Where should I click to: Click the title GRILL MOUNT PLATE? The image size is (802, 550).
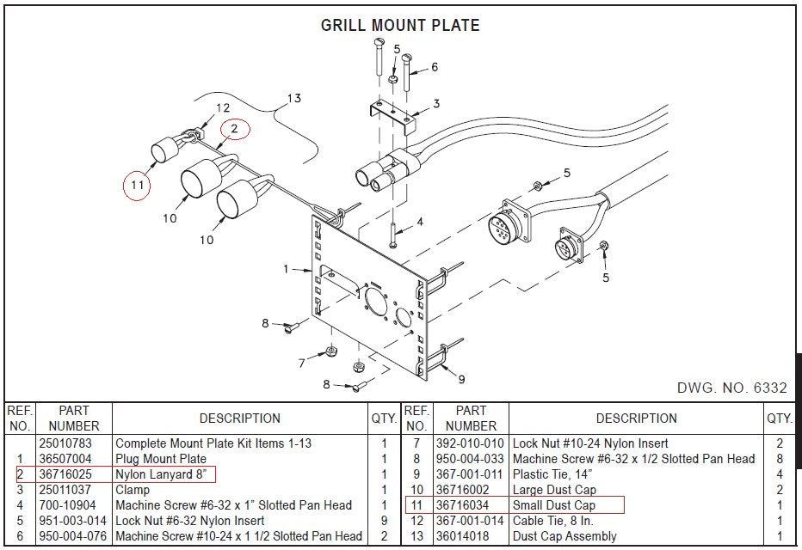(x=400, y=25)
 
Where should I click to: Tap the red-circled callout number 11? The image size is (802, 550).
(x=135, y=184)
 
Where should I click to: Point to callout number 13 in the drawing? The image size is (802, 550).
(x=294, y=98)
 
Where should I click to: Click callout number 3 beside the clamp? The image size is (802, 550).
(x=436, y=104)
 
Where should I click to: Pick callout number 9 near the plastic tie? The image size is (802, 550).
(x=461, y=378)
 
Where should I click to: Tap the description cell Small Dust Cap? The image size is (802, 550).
(x=554, y=505)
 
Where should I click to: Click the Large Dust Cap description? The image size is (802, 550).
(x=554, y=490)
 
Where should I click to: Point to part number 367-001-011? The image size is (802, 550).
(x=470, y=474)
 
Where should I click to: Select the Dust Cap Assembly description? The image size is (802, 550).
(x=564, y=536)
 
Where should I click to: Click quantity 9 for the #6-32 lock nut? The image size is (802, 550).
(x=383, y=521)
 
